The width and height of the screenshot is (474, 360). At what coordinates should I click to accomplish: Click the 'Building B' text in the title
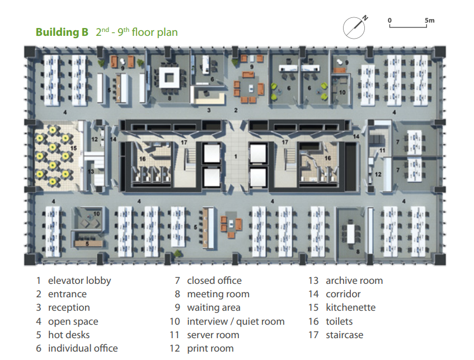point(62,32)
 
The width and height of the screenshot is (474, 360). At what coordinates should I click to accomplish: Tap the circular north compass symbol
point(354,28)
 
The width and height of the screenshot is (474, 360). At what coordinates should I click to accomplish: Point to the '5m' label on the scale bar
point(429,21)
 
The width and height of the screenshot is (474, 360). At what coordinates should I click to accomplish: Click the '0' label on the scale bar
point(389,20)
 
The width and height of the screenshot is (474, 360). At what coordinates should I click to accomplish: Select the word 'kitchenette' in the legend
point(351,307)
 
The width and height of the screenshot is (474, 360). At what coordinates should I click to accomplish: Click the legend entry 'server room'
point(213,335)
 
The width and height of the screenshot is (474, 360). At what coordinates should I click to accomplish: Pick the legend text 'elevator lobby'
point(79,280)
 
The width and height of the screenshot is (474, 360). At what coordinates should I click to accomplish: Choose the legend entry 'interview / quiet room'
point(236,321)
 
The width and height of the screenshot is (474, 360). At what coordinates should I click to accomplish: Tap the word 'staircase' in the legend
point(345,335)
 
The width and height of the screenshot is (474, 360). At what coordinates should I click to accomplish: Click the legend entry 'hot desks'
point(69,335)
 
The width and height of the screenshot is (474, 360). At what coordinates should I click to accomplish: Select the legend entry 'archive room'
point(354,280)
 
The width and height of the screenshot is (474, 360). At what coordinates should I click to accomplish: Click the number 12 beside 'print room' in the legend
point(175,348)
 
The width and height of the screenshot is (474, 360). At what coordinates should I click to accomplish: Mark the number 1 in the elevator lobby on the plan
point(236,156)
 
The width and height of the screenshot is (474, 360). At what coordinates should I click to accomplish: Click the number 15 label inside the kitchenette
point(73,148)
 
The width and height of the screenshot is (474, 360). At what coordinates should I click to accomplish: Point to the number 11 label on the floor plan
point(382,151)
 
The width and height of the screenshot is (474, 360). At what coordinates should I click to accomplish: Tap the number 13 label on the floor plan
point(91,171)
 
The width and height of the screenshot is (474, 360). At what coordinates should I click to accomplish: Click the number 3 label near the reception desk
point(209,110)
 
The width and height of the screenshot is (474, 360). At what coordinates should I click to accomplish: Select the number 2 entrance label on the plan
point(236,110)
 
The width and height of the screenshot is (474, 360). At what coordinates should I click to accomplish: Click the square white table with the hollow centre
point(169,78)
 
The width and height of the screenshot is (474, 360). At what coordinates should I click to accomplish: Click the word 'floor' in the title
point(143,32)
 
